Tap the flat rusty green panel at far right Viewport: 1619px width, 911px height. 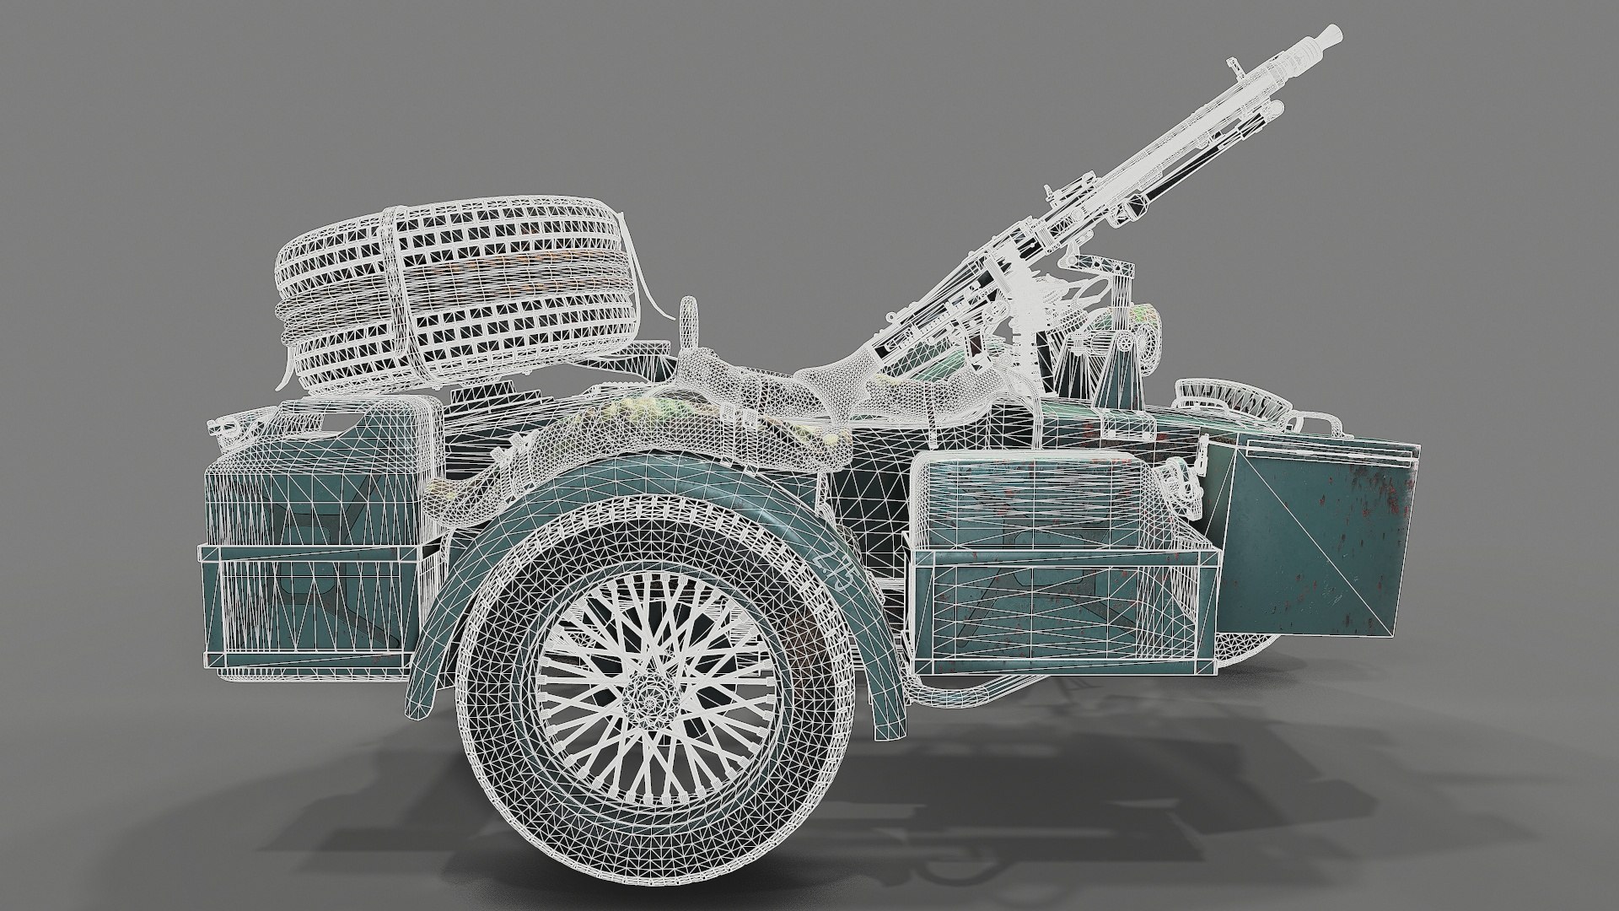pos(1311,540)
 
